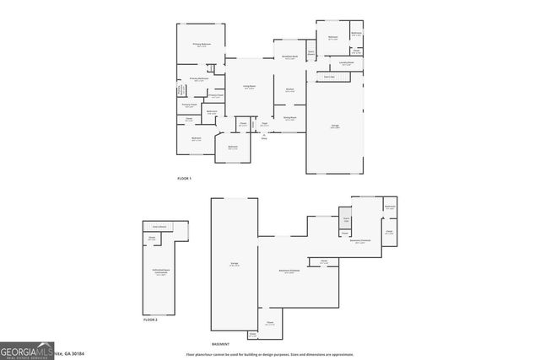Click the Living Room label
coord(249,86)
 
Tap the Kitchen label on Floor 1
coord(289,90)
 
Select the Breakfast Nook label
coord(289,57)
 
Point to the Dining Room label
coord(289,118)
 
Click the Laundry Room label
coord(346,63)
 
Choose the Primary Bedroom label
coord(201,44)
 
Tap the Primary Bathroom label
coord(199,79)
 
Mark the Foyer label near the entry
coord(264,125)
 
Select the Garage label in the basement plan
coord(234,264)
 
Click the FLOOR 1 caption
coord(184,179)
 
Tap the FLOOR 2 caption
coord(150,320)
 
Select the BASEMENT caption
coord(219,344)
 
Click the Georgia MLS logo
coord(26,350)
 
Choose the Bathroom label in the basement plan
coord(390,207)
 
